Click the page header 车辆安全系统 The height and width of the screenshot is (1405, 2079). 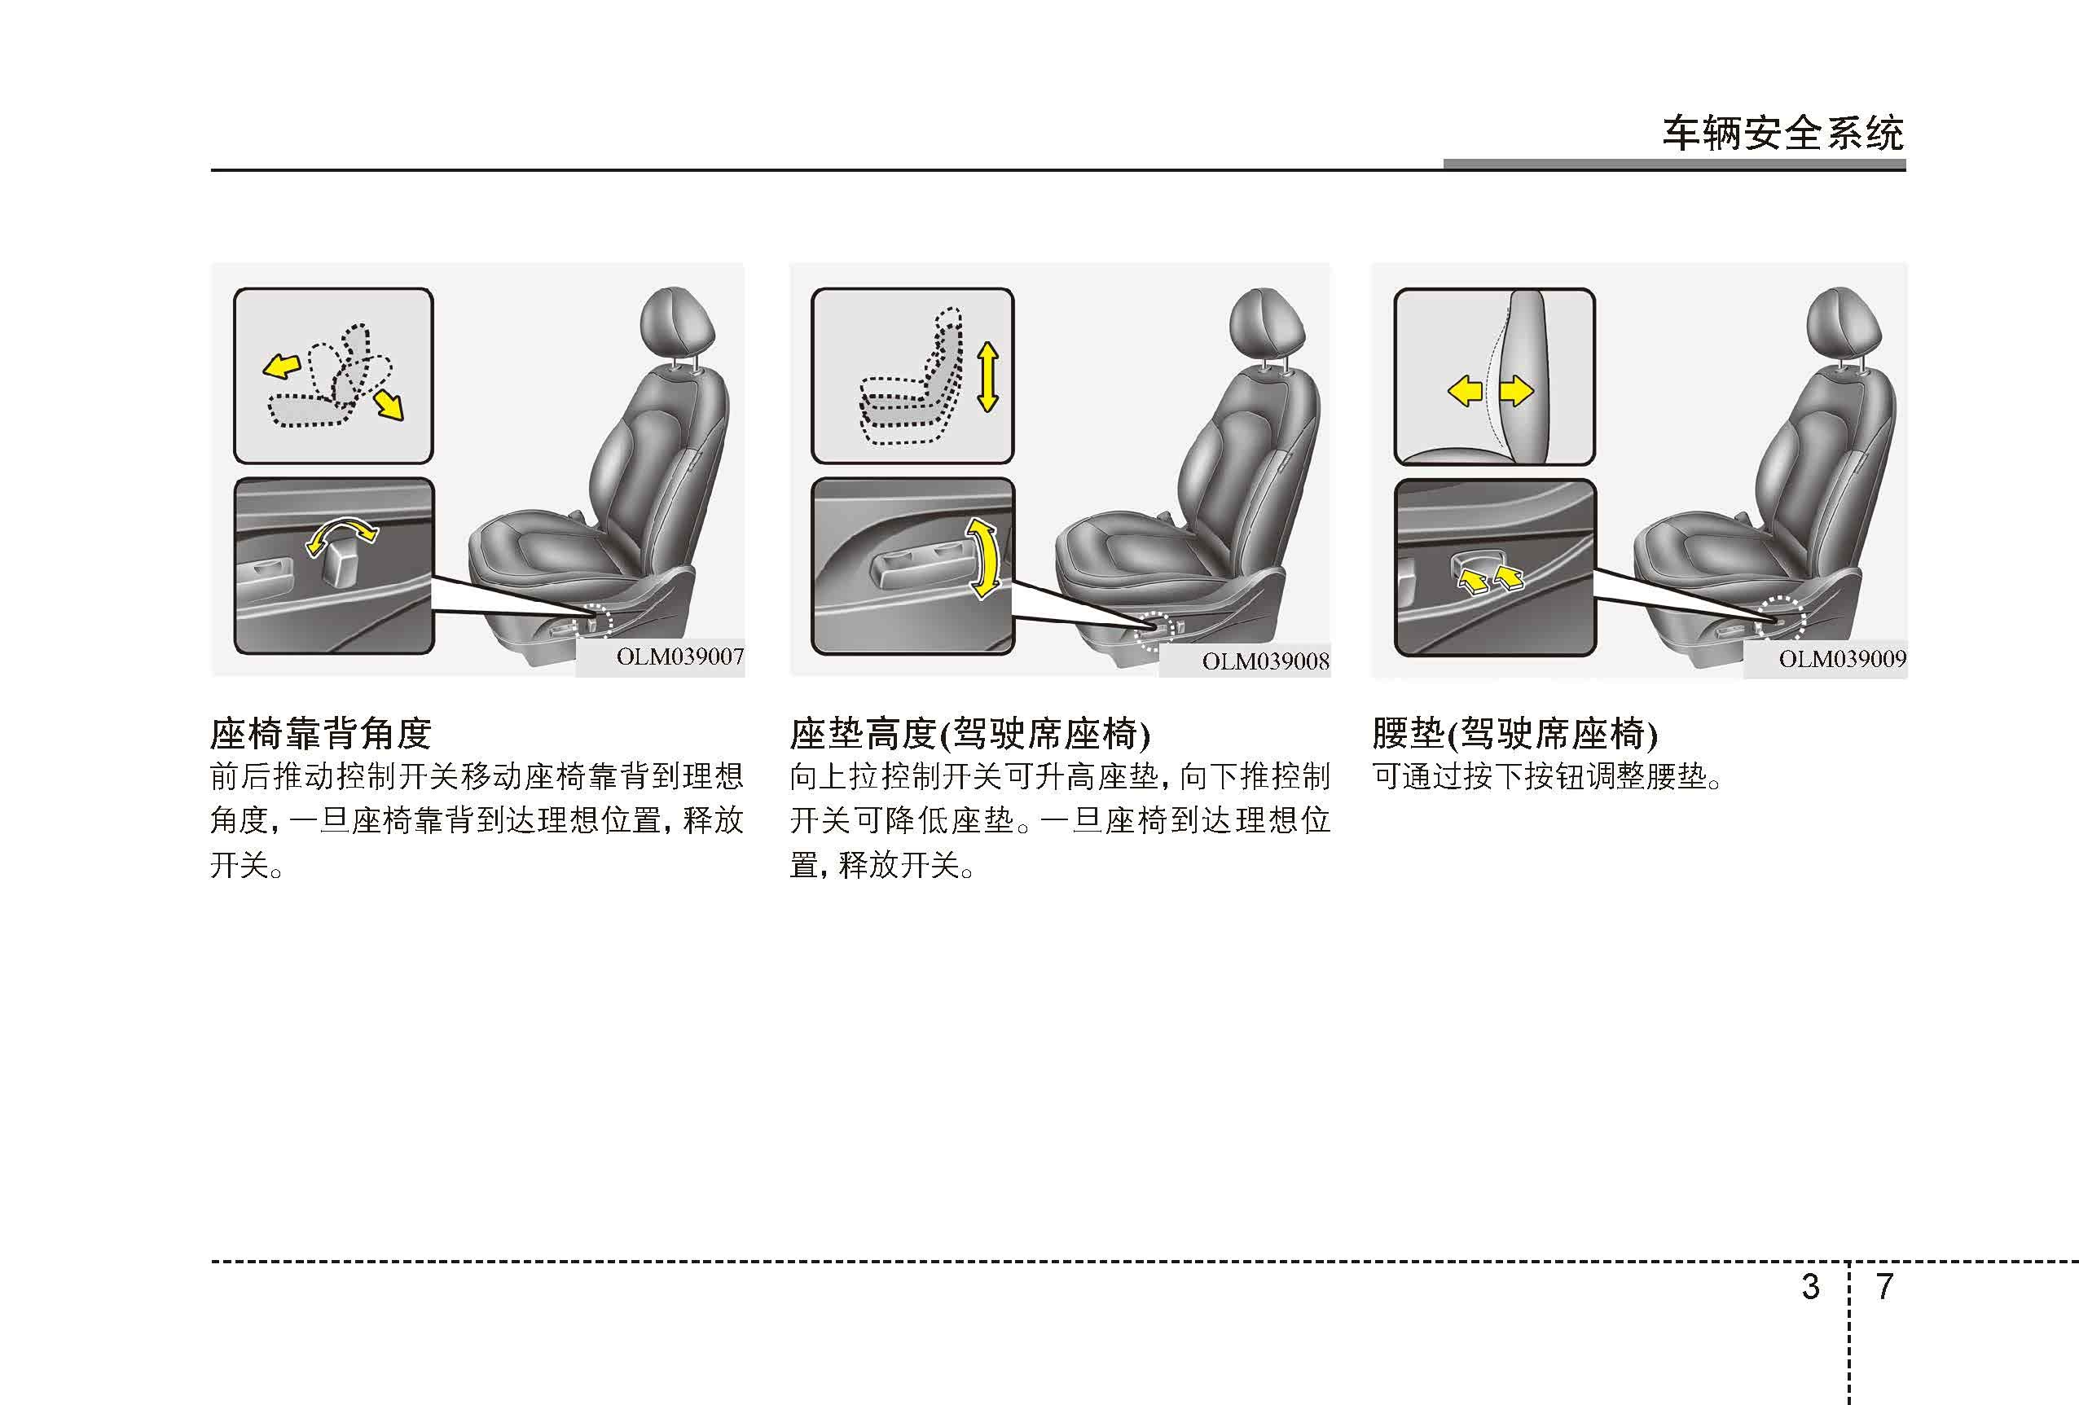(x=1783, y=134)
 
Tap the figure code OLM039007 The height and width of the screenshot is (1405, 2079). (x=680, y=656)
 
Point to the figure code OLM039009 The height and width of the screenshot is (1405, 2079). (x=1842, y=659)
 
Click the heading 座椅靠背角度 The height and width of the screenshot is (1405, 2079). (x=321, y=734)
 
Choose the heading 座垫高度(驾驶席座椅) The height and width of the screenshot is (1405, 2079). (x=969, y=734)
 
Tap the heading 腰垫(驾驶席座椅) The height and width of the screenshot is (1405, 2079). (x=1514, y=734)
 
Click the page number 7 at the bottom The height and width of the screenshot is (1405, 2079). (x=1884, y=1286)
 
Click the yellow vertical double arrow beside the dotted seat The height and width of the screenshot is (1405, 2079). (x=987, y=376)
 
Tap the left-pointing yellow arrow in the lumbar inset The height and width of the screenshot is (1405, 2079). (x=1466, y=391)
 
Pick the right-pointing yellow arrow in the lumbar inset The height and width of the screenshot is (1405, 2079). (x=1516, y=391)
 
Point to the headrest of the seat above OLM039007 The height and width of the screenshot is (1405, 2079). (x=678, y=322)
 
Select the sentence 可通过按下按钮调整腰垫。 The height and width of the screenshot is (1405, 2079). (x=1547, y=775)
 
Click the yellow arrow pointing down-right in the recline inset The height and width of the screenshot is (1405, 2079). (x=389, y=403)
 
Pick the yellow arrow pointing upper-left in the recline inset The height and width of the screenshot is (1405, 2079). (x=280, y=365)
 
